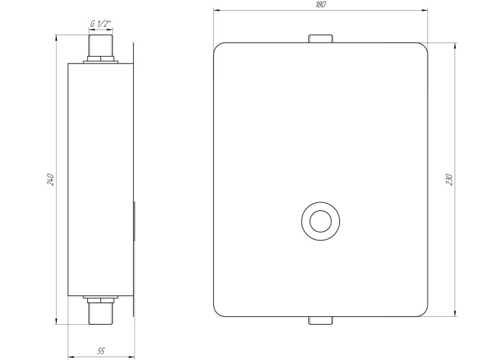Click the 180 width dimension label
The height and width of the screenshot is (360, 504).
pyautogui.click(x=321, y=4)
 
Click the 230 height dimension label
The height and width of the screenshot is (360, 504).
pyautogui.click(x=449, y=179)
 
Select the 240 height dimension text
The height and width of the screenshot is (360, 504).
pyautogui.click(x=50, y=179)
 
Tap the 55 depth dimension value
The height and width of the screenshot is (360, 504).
pyautogui.click(x=101, y=351)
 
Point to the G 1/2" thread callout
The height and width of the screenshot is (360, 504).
pyautogui.click(x=101, y=24)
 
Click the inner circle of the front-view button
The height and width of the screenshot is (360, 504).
pyautogui.click(x=320, y=221)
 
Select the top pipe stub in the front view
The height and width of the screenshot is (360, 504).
pyautogui.click(x=320, y=39)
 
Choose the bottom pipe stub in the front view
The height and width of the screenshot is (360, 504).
pyautogui.click(x=320, y=320)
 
